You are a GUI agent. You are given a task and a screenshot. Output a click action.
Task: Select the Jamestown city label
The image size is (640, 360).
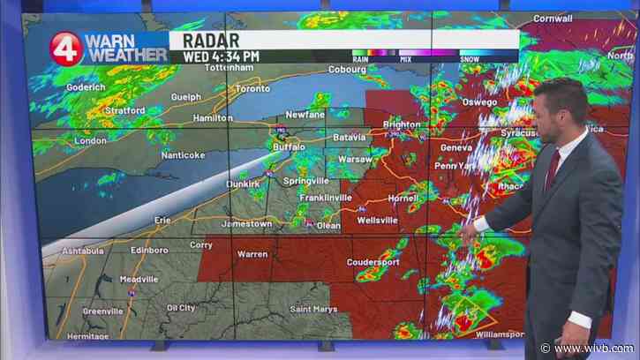(247, 224)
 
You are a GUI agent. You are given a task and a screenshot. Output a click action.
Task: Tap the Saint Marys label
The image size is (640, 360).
(312, 308)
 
